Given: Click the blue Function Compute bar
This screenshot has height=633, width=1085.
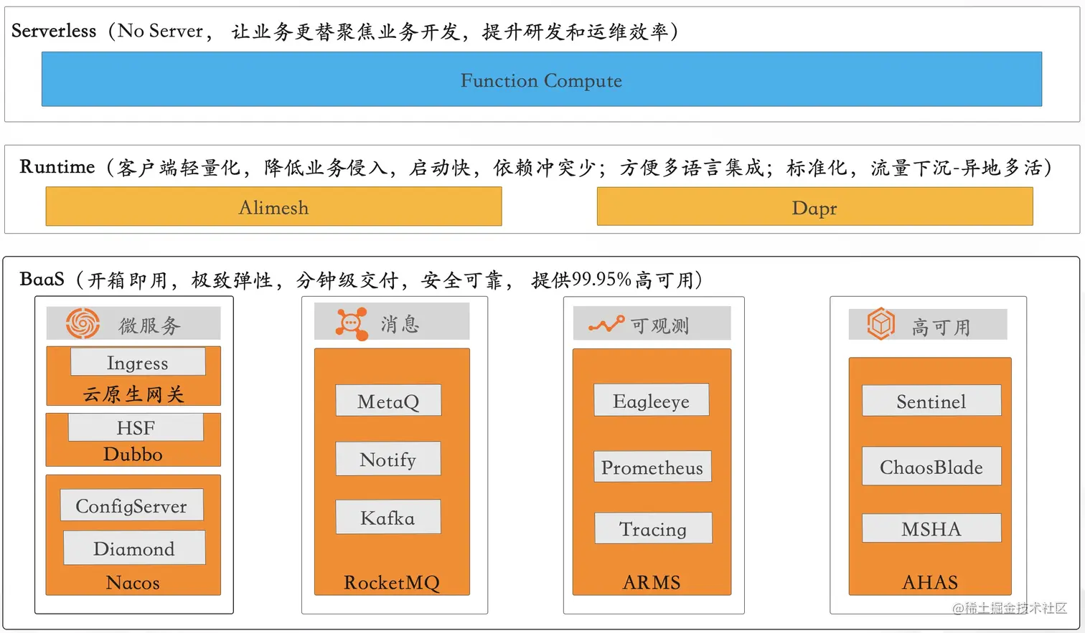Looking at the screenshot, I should (541, 80).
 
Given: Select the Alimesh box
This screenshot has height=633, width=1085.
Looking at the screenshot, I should (273, 207).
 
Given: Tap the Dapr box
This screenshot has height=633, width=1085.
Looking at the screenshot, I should (814, 207).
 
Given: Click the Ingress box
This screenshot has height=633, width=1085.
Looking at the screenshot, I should (138, 362).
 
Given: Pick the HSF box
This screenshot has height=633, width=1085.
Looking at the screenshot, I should (136, 427).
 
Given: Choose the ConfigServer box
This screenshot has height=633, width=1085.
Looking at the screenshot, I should (131, 505).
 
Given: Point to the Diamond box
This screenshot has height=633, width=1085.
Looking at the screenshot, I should (134, 548).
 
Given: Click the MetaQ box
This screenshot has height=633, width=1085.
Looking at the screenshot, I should (388, 401).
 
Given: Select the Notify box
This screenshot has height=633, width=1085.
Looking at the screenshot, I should (388, 459).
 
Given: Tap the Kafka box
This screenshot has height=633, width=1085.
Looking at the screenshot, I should (388, 517).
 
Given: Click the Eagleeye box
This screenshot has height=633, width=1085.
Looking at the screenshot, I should (651, 400).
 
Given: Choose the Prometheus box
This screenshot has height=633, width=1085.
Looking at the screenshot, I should (652, 467).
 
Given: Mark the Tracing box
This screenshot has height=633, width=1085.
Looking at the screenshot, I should (653, 528).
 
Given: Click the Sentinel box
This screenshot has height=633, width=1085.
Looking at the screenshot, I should (931, 401).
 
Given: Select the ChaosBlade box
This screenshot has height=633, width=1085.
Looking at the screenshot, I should (931, 466).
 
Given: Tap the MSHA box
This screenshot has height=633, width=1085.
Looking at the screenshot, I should (931, 528).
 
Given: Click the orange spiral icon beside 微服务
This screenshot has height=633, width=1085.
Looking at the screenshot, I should (83, 323).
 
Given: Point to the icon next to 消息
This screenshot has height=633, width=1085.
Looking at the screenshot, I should (352, 323).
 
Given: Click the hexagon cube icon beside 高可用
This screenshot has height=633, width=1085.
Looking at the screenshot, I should (880, 324).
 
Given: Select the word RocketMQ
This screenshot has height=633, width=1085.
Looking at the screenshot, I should (391, 582).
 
